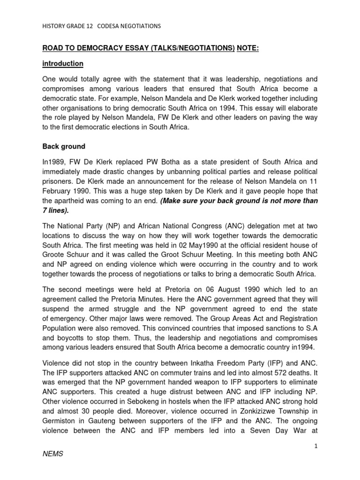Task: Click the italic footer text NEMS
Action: point(53,468)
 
